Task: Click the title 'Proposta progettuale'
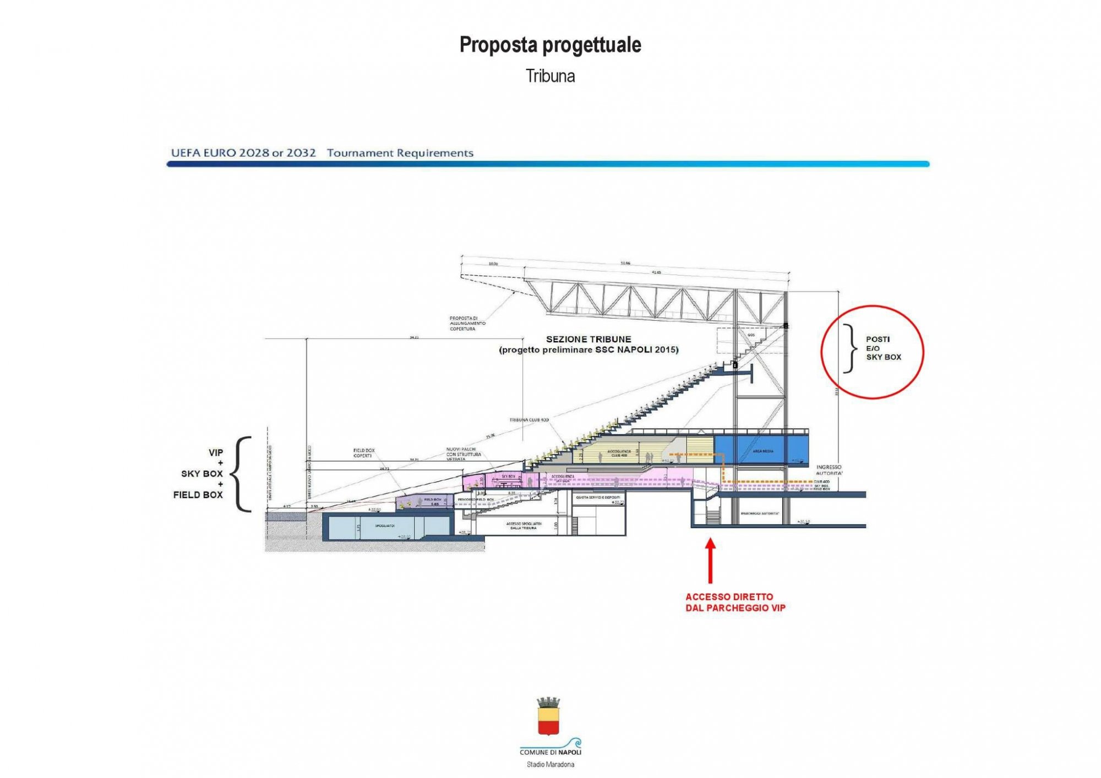550,45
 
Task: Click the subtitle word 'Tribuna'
550,76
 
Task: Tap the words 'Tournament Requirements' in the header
400,153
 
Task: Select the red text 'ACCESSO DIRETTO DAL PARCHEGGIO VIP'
735,602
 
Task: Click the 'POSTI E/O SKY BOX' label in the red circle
883,348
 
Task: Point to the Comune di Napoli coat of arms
548,716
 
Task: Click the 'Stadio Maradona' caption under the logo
550,764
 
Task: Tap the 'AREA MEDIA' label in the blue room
762,451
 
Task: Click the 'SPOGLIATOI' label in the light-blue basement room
385,526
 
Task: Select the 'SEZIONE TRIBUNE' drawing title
588,339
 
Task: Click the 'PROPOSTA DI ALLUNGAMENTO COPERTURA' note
467,324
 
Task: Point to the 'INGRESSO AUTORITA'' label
829,470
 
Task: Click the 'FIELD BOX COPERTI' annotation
363,453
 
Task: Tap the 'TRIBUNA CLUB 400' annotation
528,420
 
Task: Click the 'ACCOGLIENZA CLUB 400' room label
619,453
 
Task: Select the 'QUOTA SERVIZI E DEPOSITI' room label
598,497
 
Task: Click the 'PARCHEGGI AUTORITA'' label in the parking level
760,513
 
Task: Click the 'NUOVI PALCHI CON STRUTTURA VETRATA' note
463,454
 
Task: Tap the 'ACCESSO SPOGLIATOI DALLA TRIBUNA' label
523,525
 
